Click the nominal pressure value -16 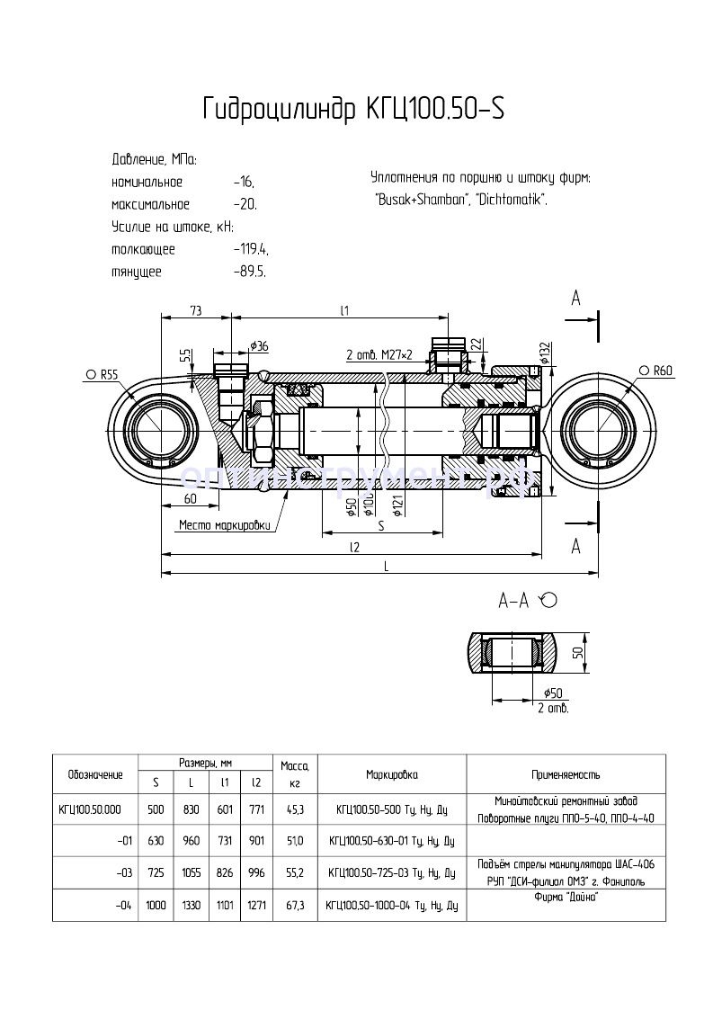tap(244, 182)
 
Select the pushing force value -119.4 tap(250, 249)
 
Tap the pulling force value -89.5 tap(248, 272)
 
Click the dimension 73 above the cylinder tap(195, 310)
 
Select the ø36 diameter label tap(259, 346)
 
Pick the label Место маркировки tap(224, 525)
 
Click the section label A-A tap(514, 600)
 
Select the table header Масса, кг tap(295, 774)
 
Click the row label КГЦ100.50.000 tap(89, 809)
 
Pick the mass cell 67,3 tap(295, 905)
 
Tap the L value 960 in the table tap(191, 842)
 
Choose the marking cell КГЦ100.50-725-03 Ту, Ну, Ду tap(391, 873)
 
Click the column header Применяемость tap(566, 774)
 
